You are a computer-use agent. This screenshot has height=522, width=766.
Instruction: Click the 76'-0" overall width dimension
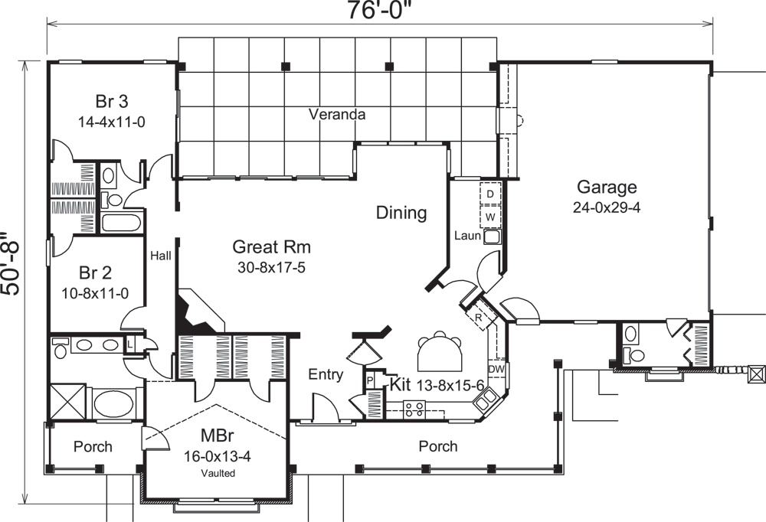(381, 12)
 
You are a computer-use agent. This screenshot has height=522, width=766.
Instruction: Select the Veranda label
(336, 115)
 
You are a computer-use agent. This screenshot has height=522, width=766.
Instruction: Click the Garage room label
(607, 188)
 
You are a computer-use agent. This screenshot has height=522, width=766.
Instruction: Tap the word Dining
(401, 213)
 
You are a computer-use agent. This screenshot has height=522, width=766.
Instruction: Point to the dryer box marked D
(489, 194)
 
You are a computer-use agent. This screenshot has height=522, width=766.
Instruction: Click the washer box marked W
(489, 217)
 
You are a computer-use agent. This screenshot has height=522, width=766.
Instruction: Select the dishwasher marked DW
(496, 370)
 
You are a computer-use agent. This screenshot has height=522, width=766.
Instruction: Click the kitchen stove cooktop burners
(415, 409)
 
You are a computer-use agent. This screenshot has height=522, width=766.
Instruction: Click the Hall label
(160, 256)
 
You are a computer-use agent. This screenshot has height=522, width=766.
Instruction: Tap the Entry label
(325, 374)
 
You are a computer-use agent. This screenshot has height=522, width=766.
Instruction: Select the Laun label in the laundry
(466, 236)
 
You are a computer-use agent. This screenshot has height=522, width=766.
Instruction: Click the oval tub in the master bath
(113, 402)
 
